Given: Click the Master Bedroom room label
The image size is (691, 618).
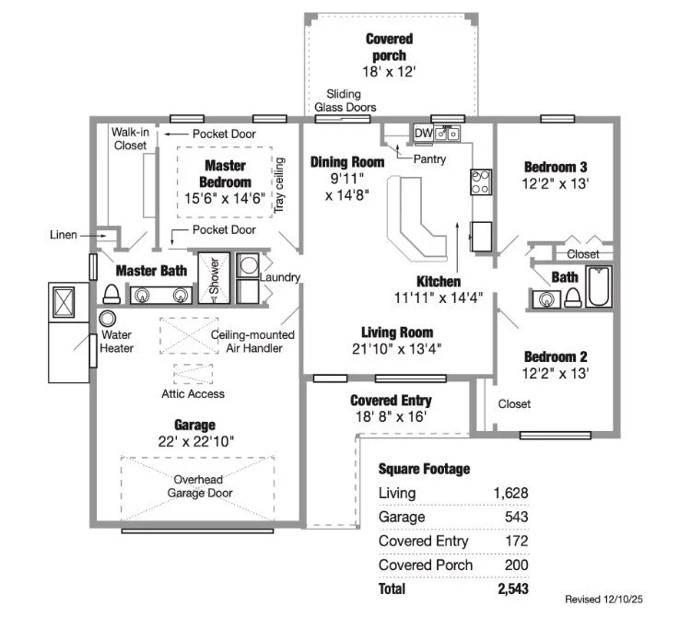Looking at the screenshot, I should (225, 174).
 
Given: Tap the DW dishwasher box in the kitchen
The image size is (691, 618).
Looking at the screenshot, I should (423, 134).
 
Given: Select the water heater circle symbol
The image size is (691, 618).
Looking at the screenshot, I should (107, 318).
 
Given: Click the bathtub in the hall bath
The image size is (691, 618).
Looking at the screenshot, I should (599, 286).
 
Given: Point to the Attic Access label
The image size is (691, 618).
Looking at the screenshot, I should (193, 394).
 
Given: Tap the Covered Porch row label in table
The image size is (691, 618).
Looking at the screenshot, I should (426, 565).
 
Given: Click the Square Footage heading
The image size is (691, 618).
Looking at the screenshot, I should (425, 469).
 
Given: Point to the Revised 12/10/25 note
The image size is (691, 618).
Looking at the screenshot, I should (616, 599).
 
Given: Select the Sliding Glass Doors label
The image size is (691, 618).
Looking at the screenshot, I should (345, 100).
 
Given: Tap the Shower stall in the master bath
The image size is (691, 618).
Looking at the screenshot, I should (214, 275).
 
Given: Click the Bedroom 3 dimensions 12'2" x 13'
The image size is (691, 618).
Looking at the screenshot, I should (556, 183).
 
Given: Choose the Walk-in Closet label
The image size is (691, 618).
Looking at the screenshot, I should (130, 138).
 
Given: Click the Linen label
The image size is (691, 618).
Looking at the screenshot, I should (64, 236).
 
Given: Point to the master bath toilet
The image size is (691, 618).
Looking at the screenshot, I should (111, 293).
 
